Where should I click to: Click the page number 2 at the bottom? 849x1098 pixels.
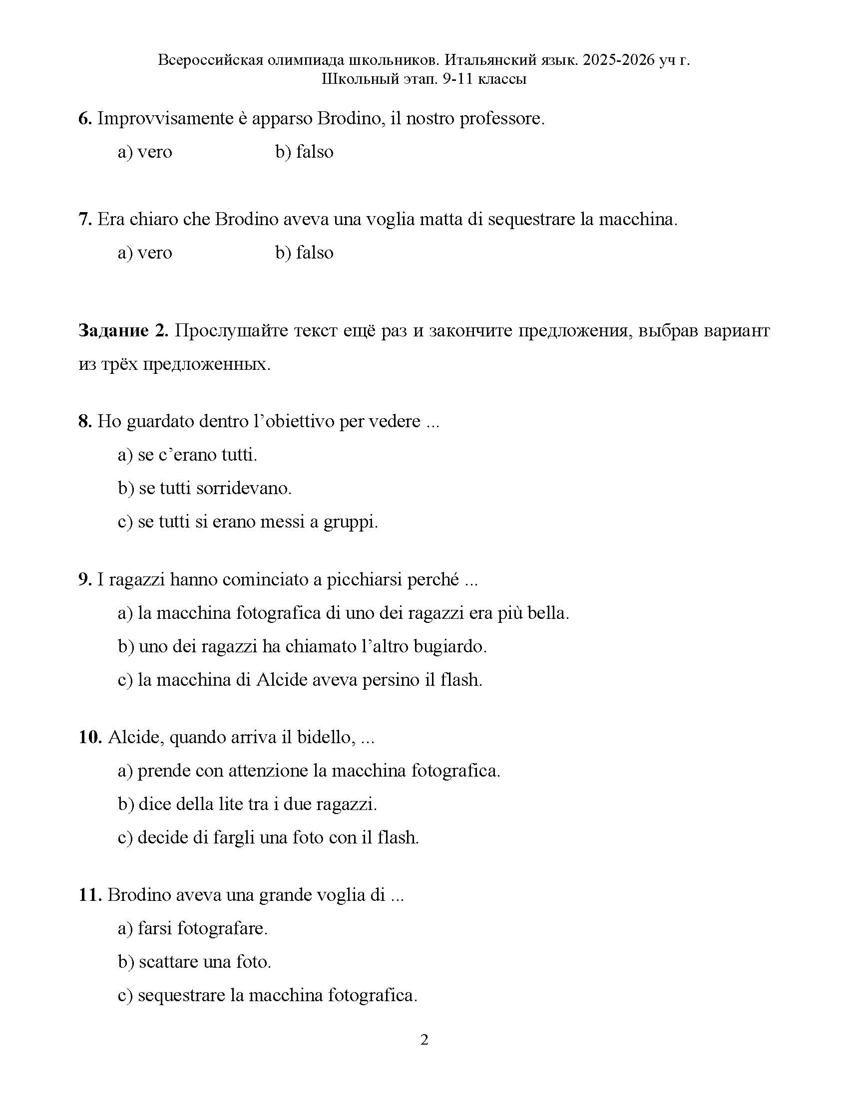pos(424,1040)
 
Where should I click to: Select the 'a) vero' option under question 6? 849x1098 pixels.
pos(145,152)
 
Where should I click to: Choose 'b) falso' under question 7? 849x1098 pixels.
pos(304,253)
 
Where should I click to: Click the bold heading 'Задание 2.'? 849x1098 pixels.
pos(123,331)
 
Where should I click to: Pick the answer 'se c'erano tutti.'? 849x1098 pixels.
pos(197,455)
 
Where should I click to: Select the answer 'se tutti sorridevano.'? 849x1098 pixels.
pos(215,488)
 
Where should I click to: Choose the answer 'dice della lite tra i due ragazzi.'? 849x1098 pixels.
pos(258,805)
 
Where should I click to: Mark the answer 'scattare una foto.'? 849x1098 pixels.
pos(205,962)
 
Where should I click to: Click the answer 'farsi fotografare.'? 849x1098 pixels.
pos(202,929)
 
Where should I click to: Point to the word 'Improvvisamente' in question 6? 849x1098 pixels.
pos(164,119)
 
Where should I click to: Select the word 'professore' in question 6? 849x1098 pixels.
pos(501,119)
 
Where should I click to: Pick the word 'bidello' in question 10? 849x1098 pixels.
pos(327,738)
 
